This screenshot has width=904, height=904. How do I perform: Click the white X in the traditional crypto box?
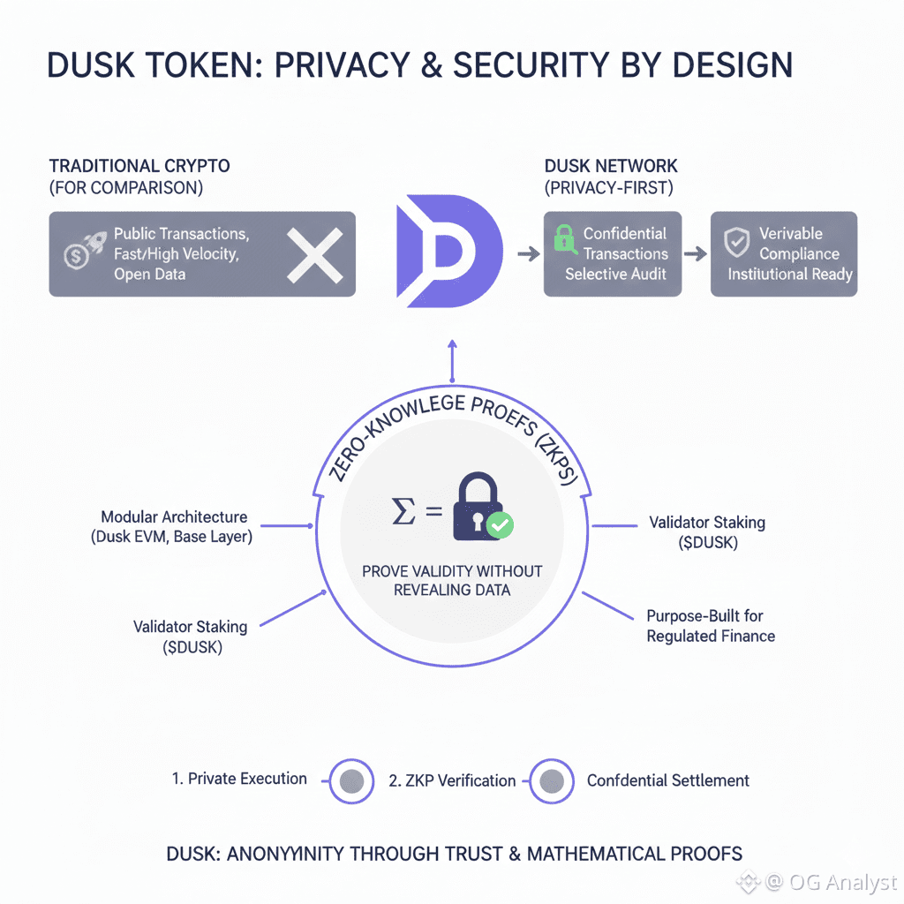click(x=314, y=253)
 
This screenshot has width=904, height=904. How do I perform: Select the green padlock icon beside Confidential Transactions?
click(x=563, y=237)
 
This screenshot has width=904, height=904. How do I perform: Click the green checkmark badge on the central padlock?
click(x=500, y=526)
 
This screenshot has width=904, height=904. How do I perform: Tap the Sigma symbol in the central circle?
click(x=403, y=510)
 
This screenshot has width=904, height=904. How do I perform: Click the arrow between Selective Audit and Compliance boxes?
click(x=696, y=253)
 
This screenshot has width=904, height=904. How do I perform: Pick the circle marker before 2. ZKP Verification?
click(x=352, y=780)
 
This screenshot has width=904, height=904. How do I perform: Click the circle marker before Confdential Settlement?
click(x=553, y=780)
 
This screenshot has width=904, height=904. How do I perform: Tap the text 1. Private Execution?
click(x=239, y=779)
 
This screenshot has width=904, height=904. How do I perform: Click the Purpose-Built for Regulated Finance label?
click(x=711, y=626)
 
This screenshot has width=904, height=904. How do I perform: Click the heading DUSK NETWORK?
click(x=610, y=166)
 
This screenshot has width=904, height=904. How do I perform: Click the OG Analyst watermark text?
click(x=844, y=881)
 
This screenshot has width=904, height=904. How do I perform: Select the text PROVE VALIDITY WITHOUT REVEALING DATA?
click(x=452, y=580)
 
